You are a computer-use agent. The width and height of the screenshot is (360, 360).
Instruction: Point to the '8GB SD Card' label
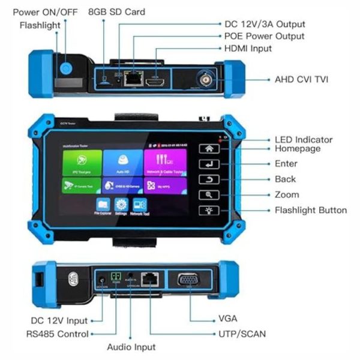pos(116,11)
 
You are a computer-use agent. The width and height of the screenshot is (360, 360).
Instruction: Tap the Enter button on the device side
pos(209,163)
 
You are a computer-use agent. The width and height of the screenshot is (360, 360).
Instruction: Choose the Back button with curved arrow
pos(209,179)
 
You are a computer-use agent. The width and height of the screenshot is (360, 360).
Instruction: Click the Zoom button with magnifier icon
pos(209,195)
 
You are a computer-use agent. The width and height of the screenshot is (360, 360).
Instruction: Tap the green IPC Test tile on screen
pos(82,161)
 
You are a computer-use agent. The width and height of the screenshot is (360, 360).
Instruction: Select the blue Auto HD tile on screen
pos(122,161)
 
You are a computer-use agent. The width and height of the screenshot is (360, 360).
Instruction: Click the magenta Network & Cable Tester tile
pos(164,161)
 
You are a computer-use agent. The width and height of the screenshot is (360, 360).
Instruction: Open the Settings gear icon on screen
pos(120,205)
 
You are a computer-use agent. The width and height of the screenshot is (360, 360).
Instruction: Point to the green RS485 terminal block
pos(117,278)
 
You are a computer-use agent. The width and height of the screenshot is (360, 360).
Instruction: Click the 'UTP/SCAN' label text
pos(242,333)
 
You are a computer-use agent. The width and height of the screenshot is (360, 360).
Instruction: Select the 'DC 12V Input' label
pos(59,321)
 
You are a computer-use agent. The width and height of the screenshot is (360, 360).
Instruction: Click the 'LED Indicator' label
pos(303,140)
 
